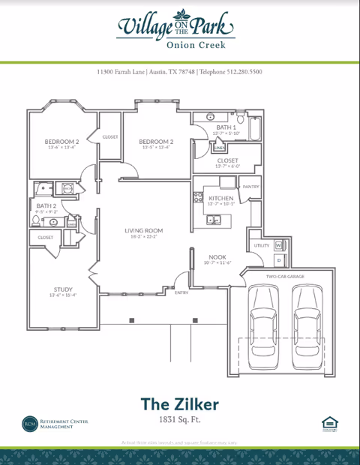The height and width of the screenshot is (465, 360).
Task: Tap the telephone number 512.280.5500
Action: (241, 72)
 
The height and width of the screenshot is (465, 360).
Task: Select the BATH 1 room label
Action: (226, 128)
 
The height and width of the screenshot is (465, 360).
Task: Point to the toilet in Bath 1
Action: (241, 117)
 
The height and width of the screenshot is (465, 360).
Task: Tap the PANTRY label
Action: (250, 186)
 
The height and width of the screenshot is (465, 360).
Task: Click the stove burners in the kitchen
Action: (199, 198)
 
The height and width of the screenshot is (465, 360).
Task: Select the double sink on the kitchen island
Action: (214, 220)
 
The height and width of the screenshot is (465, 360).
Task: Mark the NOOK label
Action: (217, 257)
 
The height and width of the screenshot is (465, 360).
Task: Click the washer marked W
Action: (278, 245)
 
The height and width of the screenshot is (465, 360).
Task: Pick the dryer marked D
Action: (278, 260)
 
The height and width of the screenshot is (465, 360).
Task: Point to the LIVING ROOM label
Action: (145, 230)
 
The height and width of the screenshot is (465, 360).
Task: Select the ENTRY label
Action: (181, 292)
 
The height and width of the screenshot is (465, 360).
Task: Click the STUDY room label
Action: (62, 289)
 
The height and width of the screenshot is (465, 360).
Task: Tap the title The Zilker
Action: (179, 403)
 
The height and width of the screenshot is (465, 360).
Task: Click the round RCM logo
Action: (28, 424)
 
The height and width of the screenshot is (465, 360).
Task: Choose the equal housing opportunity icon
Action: (328, 424)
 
